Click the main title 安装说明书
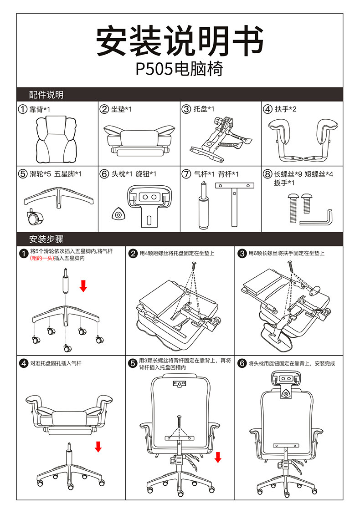pos(180,41)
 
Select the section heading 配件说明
pos(46,95)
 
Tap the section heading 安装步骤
pos(46,239)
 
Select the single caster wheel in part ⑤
pos(33,218)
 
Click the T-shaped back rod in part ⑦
pos(234,200)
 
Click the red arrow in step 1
pos(83,286)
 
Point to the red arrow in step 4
pos(98,447)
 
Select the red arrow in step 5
pos(218,457)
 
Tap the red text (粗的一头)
pos(41,258)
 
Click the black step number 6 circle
pos(242,363)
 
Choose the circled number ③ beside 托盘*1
pos(186,109)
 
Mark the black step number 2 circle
pos(133,254)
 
